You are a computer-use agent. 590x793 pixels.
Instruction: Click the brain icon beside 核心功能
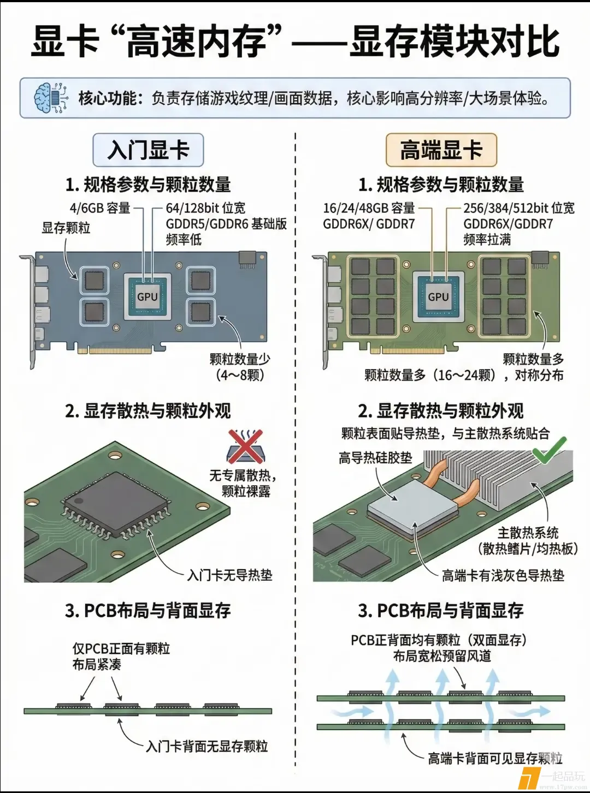tap(51, 98)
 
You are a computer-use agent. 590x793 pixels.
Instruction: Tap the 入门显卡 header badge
tap(148, 150)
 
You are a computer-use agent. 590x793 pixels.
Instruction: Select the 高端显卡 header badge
tap(441, 150)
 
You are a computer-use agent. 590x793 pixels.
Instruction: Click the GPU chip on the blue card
tap(147, 296)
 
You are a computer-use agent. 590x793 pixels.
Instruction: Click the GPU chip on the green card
tap(438, 296)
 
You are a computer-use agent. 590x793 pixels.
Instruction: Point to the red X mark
tap(245, 446)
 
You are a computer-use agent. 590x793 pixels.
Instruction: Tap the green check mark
tap(550, 450)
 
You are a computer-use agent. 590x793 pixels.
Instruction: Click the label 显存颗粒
tap(66, 228)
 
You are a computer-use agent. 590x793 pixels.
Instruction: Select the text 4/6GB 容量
tap(100, 208)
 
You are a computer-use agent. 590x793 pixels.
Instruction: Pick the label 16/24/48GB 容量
tap(369, 208)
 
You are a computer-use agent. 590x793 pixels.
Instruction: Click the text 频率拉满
tap(487, 240)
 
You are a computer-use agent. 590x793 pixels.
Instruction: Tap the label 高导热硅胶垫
tap(375, 458)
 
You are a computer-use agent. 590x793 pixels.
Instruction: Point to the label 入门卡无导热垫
tap(229, 575)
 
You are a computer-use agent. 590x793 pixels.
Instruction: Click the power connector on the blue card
tap(247, 260)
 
